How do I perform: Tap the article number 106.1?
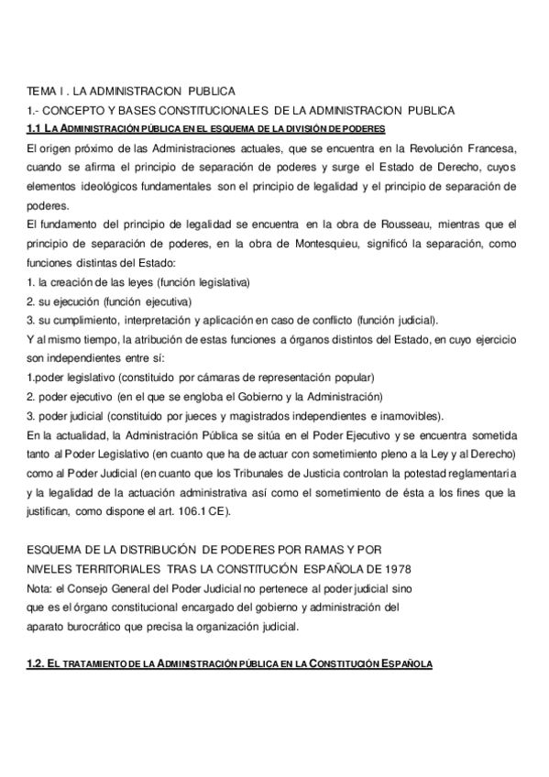pos(192,510)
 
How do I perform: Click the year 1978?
pos(404,567)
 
